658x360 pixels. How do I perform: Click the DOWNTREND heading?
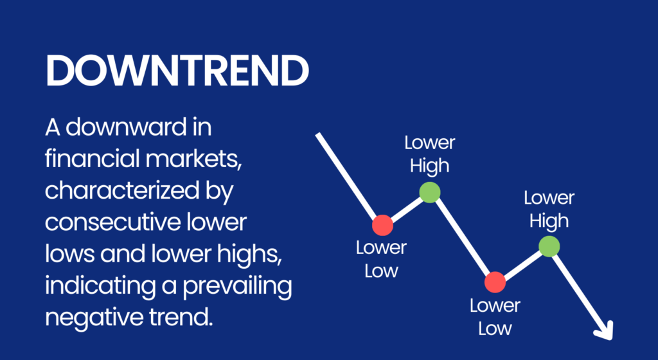(x=177, y=70)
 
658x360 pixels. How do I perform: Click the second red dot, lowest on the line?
(x=495, y=281)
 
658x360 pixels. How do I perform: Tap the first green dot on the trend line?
(x=430, y=192)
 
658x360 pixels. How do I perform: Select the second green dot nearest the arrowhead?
(x=549, y=246)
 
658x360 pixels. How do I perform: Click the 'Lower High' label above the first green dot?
(x=429, y=154)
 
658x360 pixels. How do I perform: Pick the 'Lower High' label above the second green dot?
(x=549, y=210)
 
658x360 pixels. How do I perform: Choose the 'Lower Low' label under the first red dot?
(x=382, y=259)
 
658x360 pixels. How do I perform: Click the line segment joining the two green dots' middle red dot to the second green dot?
(x=522, y=264)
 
